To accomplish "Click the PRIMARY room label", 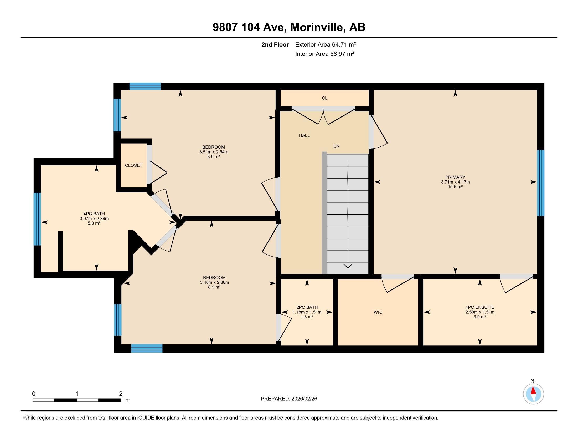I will [455, 177].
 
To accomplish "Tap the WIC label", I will [378, 312].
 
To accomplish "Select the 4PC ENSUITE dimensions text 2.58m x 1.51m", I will [480, 312].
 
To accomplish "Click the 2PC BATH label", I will [307, 307].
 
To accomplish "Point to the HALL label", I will [304, 135].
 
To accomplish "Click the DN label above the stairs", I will [336, 146].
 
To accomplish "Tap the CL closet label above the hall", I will [324, 98].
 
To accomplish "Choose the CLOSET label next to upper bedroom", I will [134, 165].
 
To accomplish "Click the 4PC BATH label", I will [94, 214].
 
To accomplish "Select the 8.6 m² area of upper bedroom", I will [214, 156].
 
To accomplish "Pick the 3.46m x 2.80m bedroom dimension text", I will [214, 282].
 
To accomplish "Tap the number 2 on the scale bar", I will [121, 394].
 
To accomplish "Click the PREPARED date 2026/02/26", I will [303, 399].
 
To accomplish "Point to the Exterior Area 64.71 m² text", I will [325, 44].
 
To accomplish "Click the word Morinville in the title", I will [317, 27].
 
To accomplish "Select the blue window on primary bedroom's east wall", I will [541, 183].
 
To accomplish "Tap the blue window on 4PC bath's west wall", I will [37, 219].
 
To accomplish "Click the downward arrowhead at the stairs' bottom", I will [348, 266].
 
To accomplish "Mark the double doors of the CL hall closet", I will [323, 116].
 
